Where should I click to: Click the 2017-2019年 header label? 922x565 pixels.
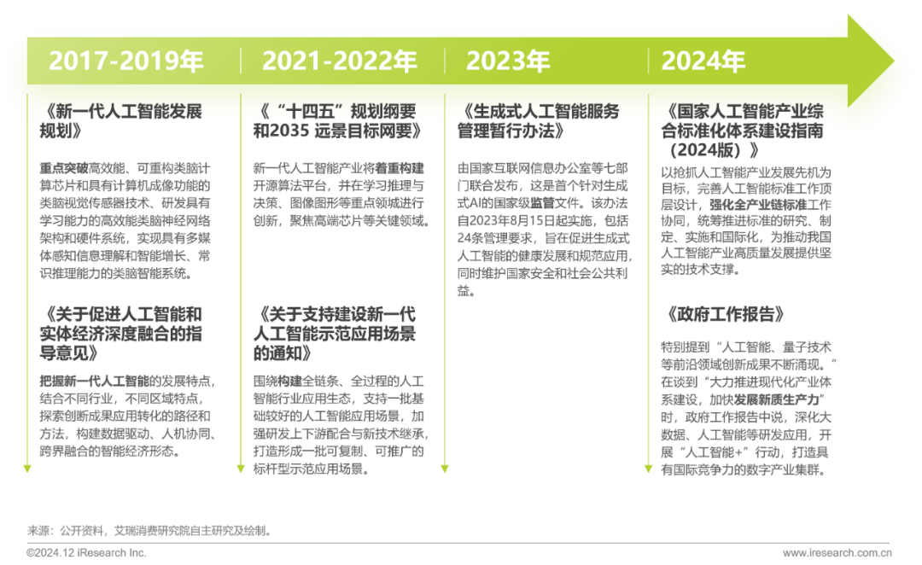coord(125,61)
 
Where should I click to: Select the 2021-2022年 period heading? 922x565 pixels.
coord(339,61)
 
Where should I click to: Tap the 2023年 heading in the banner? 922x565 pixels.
coord(508,61)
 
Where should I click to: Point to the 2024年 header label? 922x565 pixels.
coord(703,61)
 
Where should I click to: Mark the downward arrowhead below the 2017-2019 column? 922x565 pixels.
coord(27,467)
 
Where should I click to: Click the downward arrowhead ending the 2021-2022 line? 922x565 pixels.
coord(240,467)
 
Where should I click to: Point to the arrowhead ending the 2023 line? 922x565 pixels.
coord(444,467)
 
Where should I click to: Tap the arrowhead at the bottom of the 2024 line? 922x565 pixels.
coord(649,467)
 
